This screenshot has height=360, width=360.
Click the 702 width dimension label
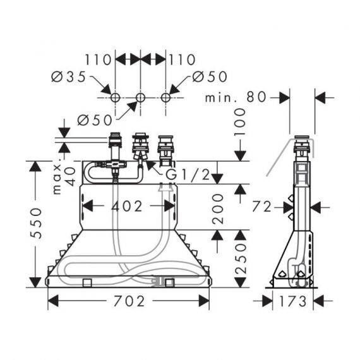[129, 301]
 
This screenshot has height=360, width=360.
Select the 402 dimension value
[127, 206]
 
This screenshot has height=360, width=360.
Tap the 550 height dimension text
[36, 223]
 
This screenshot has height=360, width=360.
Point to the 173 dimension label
[293, 301]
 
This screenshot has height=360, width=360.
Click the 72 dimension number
[261, 207]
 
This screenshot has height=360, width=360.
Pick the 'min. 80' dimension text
[236, 97]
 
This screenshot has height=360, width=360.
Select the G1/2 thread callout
[188, 174]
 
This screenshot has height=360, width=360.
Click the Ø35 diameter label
[68, 76]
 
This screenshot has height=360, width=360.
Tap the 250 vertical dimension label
[240, 259]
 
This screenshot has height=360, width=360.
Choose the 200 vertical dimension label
[217, 208]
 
